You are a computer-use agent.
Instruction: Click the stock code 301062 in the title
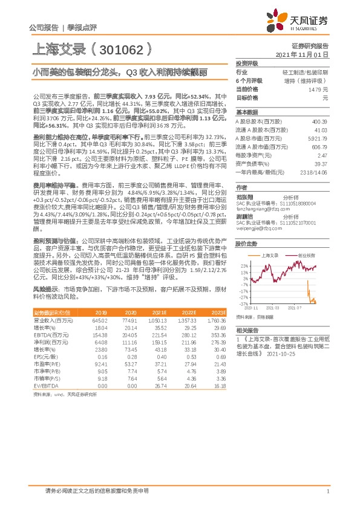[x=125, y=47]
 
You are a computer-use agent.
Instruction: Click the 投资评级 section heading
[x=247, y=63]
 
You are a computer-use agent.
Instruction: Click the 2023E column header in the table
[x=218, y=313]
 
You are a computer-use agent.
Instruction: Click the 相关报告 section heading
[x=247, y=330]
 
